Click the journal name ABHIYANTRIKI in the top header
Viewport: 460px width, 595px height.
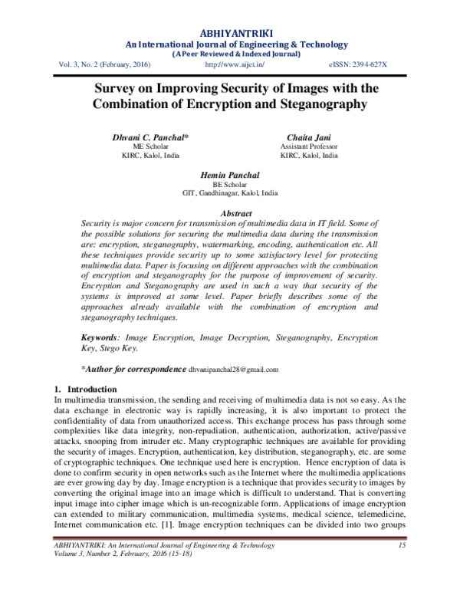230,32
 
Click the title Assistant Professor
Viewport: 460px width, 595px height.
308,146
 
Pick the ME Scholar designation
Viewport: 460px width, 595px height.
151,146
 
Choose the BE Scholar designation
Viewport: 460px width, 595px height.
230,185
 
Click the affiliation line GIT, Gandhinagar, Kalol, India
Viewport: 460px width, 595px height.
230,193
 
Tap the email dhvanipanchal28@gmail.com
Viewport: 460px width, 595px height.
234,369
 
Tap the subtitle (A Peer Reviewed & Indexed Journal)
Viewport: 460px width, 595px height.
230,54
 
